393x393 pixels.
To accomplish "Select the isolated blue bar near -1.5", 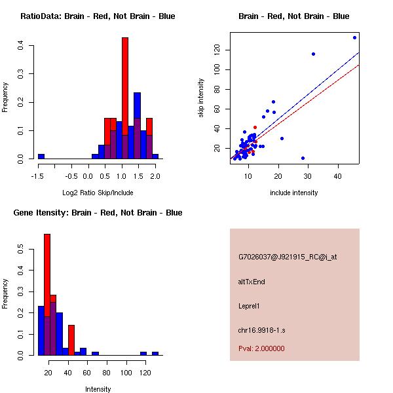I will [x=41, y=157].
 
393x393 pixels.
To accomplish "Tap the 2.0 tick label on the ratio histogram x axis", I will [x=155, y=176].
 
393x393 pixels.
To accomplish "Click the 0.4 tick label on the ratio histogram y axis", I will [x=21, y=46].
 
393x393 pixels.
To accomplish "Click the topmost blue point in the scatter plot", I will [x=354, y=37].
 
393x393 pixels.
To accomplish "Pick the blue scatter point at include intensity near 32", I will [x=313, y=54].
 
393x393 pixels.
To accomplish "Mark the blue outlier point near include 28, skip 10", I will [x=303, y=158].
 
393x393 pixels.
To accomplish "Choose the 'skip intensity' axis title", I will [x=202, y=98].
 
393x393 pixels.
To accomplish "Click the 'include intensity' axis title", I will [x=293, y=193].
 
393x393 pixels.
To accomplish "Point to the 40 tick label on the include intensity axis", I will [x=338, y=176].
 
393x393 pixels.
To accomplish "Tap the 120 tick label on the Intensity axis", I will [x=145, y=372].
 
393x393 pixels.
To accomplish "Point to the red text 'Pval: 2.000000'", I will [x=261, y=348].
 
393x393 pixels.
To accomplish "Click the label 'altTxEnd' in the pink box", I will [x=252, y=282].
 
